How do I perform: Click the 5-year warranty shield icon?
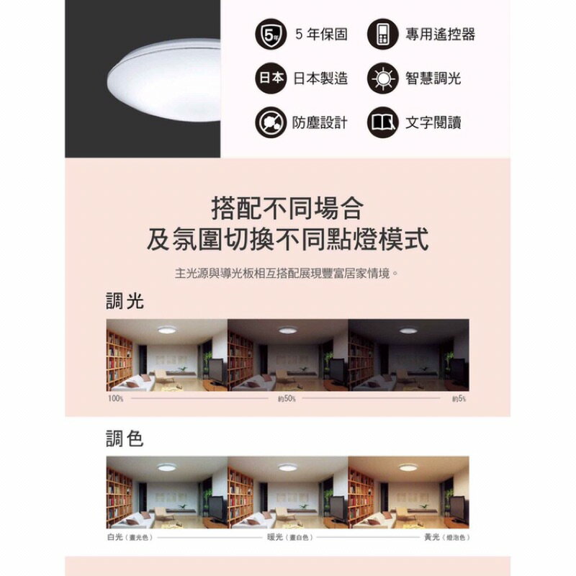[x=269, y=35]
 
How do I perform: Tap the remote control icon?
[x=382, y=35]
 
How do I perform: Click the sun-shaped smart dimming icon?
[x=382, y=78]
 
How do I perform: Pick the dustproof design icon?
[x=269, y=122]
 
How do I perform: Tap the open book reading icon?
[x=382, y=122]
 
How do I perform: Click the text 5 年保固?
[x=321, y=35]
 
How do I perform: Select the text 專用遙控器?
[x=440, y=35]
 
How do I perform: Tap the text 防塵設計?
[x=320, y=123]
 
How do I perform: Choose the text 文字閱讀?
[x=433, y=123]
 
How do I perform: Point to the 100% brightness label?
[x=115, y=398]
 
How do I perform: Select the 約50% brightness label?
[x=286, y=398]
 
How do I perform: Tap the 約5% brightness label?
[x=459, y=398]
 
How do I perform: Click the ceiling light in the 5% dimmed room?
[x=408, y=330]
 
